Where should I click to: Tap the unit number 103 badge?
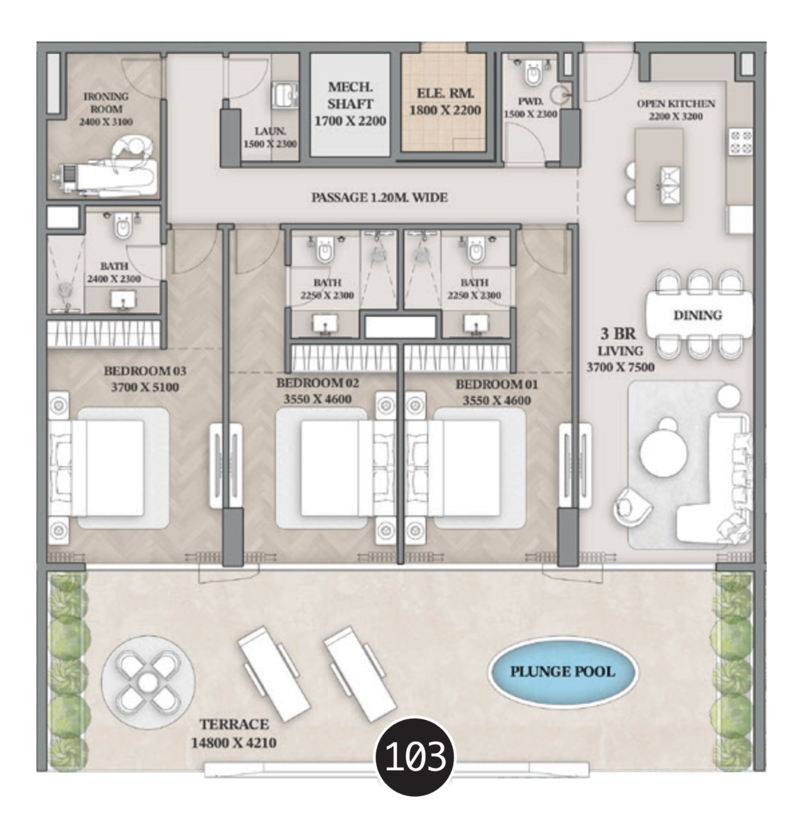[415, 756]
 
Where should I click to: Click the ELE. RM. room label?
[445, 93]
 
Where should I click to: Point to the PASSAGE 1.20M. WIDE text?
[380, 198]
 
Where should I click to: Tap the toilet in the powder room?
[533, 72]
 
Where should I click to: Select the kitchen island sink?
[670, 185]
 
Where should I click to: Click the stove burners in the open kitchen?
[741, 142]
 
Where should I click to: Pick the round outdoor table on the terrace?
[147, 682]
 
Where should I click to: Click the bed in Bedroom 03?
[108, 468]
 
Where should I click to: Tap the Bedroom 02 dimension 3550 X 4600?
[318, 399]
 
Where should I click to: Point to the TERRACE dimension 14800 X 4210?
[234, 743]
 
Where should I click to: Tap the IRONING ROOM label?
[106, 103]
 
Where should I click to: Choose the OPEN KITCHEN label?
[676, 104]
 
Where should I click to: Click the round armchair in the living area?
[632, 507]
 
